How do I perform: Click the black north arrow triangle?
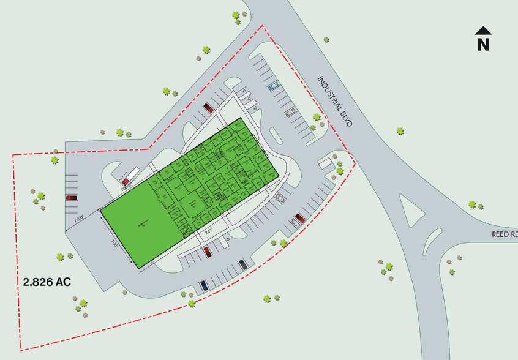click(484, 30)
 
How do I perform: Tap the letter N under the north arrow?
click(484, 44)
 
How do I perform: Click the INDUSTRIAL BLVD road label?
click(336, 101)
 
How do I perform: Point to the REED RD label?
click(505, 234)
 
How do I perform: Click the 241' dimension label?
click(209, 231)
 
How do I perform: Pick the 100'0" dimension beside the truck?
click(127, 188)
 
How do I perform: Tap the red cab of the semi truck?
click(126, 182)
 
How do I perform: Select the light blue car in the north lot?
click(273, 86)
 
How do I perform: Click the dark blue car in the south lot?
click(203, 285)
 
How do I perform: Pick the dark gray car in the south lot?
click(243, 264)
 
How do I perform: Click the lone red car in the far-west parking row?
click(71, 198)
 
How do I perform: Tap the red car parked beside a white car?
click(300, 218)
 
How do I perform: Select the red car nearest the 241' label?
click(207, 251)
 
